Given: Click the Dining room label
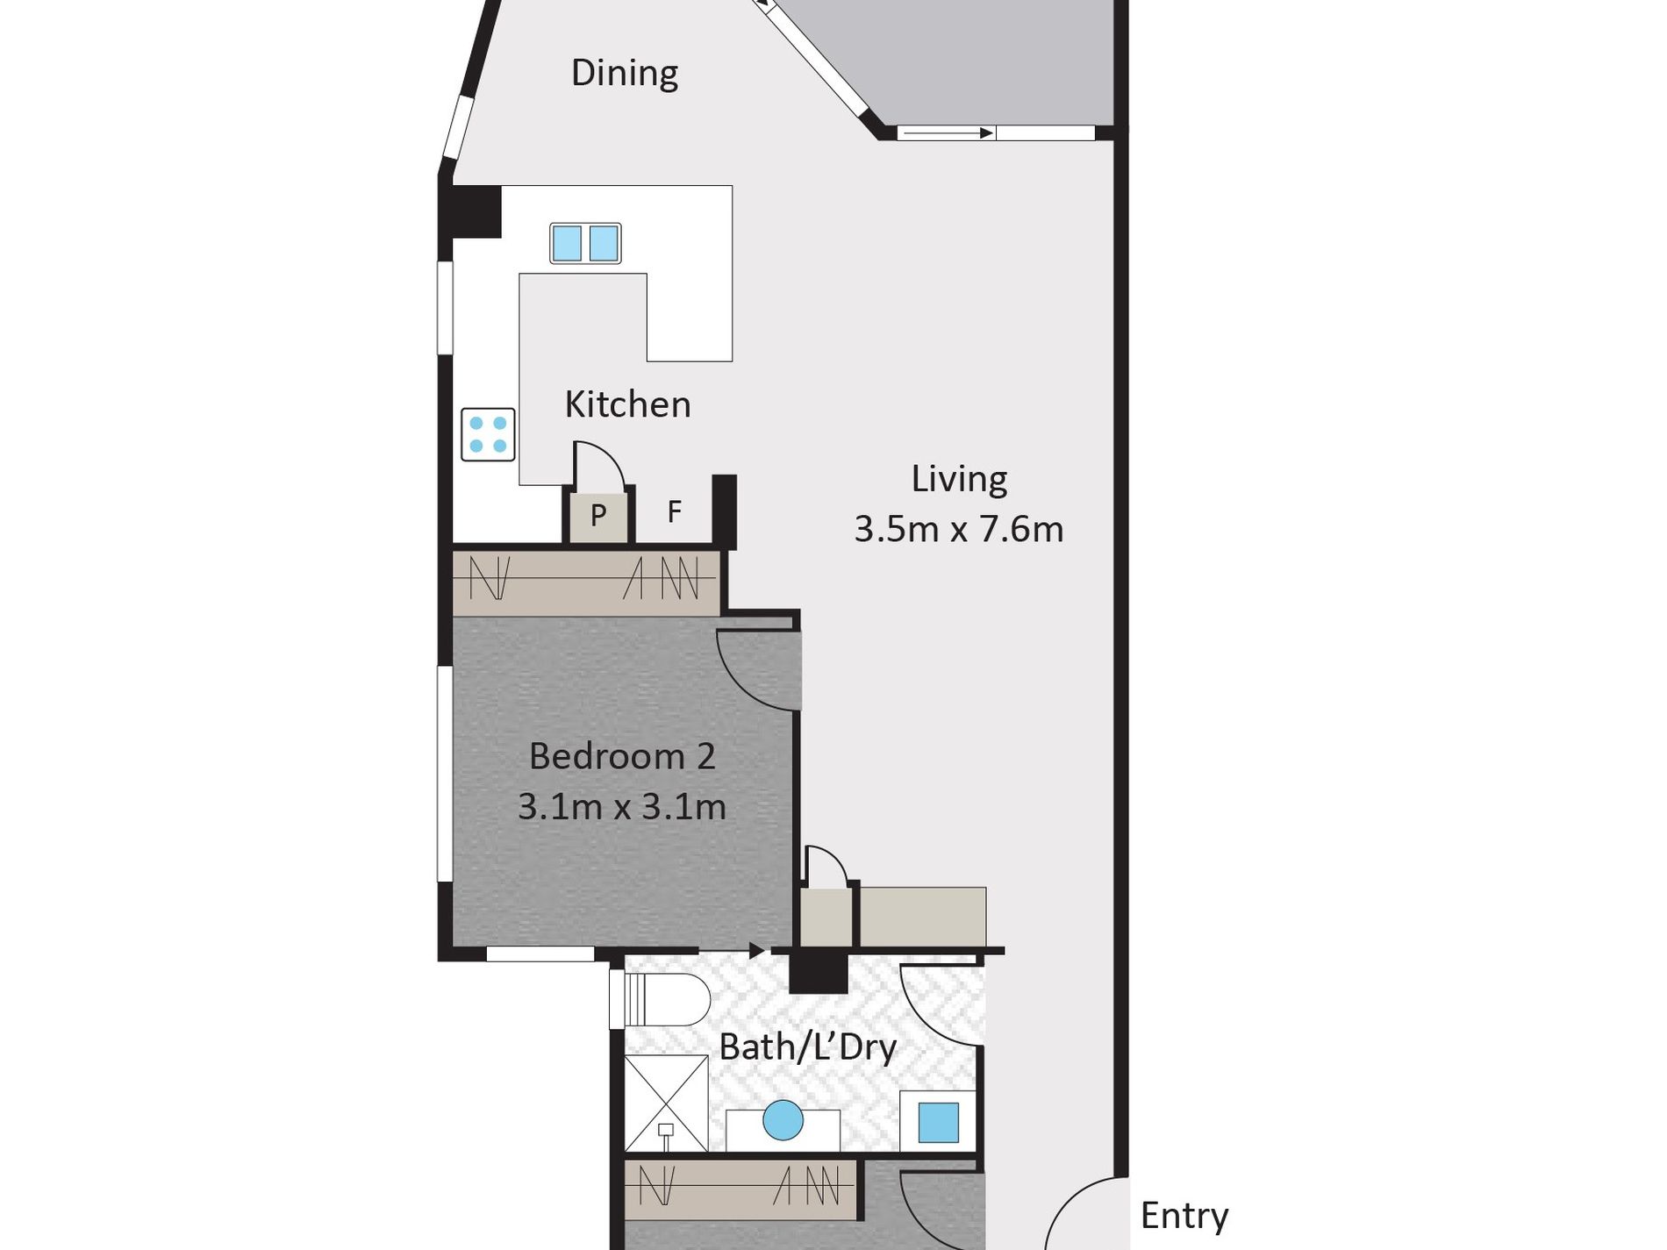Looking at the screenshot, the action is (x=625, y=74).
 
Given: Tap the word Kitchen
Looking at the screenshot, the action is (x=627, y=404).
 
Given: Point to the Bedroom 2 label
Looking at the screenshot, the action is (x=622, y=756).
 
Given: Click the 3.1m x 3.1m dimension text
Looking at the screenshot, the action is (x=622, y=806).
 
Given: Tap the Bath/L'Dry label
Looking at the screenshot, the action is (x=808, y=1046).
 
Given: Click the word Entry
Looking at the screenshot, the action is (x=1184, y=1217).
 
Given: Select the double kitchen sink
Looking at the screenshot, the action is (x=585, y=243).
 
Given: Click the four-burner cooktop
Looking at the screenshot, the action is (x=488, y=434).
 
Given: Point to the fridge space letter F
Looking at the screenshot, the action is (x=674, y=511).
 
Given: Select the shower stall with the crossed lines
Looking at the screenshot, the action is (x=666, y=1103).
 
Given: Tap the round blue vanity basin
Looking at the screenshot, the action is (x=783, y=1120).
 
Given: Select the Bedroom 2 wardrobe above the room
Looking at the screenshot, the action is (x=586, y=579).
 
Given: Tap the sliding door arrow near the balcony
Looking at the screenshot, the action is (x=946, y=133).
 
